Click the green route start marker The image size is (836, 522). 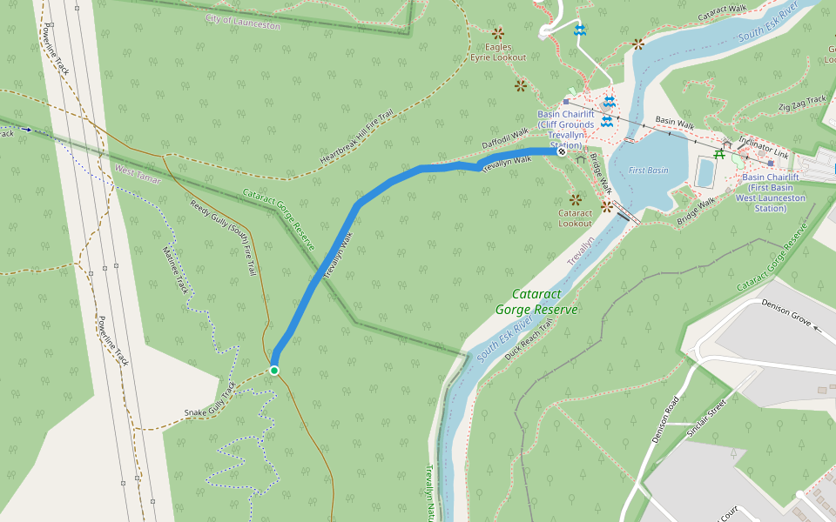(x=274, y=371)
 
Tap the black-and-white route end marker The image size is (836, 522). (x=562, y=152)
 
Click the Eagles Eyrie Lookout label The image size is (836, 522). (x=498, y=52)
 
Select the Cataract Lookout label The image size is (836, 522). (x=575, y=217)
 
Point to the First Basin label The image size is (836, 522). (x=648, y=171)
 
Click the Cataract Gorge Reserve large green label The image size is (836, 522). (x=536, y=302)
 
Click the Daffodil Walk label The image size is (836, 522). (x=505, y=137)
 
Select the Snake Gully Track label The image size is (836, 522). (x=210, y=401)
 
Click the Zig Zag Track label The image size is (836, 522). (x=802, y=104)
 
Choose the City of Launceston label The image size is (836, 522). (x=244, y=22)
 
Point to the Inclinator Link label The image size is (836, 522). (x=763, y=147)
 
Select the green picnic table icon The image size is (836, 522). (x=720, y=155)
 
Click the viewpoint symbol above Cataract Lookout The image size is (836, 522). (x=574, y=198)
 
